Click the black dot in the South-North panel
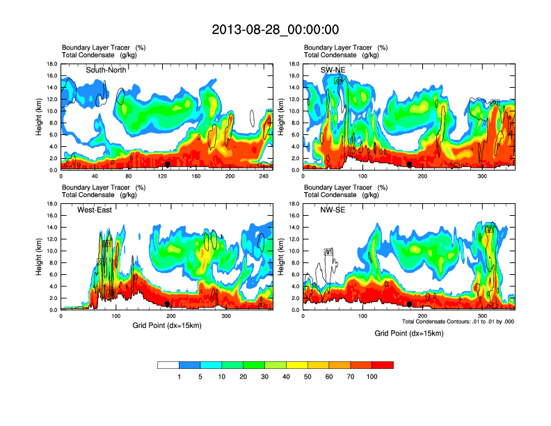[x=168, y=164]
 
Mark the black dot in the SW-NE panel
[x=410, y=164]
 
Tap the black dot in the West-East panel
[x=168, y=304]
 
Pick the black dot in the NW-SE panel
[x=410, y=304]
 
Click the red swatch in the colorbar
[x=383, y=365]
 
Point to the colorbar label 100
[x=372, y=377]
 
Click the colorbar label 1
[x=179, y=377]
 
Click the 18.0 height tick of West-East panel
[x=51, y=204]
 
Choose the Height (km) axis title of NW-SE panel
[x=281, y=257]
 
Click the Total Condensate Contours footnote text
[x=457, y=321]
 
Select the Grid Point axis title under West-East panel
[x=166, y=325]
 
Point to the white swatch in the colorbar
[x=168, y=365]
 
